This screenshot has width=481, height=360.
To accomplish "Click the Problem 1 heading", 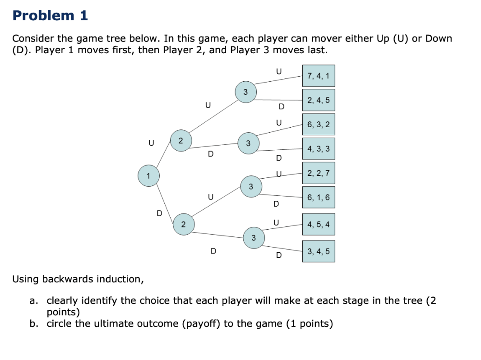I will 50,15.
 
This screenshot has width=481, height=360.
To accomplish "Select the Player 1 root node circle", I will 148,175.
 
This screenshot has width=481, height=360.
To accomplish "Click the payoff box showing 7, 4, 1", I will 318,76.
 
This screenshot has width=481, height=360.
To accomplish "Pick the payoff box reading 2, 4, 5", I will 318,100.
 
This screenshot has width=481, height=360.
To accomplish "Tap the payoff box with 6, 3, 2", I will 318,125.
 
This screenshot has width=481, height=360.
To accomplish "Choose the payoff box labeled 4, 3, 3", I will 318,148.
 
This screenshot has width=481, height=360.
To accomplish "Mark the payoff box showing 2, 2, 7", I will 318,173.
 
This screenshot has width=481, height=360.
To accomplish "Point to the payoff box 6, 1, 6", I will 318,197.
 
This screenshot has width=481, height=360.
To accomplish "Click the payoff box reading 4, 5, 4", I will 318,224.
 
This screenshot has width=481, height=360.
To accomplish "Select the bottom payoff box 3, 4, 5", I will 318,251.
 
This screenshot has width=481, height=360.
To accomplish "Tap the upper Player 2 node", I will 180,140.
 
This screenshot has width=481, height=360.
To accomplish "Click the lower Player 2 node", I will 183,224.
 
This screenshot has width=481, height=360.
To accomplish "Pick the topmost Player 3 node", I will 245,92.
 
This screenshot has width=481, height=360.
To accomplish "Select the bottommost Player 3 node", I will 254,237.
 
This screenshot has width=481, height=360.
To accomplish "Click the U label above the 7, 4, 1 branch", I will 278,71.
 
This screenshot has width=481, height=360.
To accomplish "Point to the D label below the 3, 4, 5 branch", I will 279,256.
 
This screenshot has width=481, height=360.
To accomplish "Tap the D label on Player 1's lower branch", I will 159,213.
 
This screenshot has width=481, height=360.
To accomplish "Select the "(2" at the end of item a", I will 430,301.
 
